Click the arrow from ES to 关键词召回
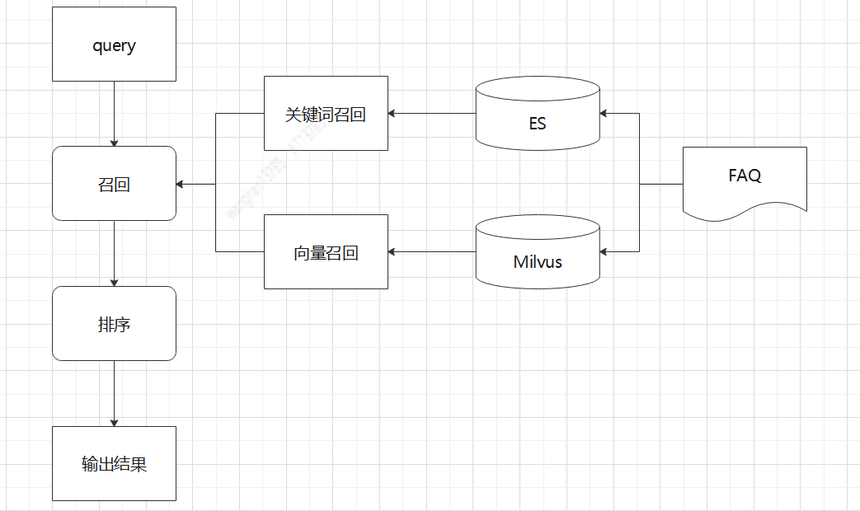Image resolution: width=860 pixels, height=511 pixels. pos(432,113)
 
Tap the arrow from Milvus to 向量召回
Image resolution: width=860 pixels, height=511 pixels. pos(432,251)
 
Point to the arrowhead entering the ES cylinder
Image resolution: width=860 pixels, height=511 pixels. pos(605,113)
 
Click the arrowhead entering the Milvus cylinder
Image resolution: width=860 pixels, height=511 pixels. pos(605,251)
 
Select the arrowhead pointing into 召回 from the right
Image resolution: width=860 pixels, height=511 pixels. pos(181,184)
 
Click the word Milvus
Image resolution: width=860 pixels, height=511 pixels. pos(538,262)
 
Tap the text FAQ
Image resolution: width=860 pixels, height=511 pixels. pos(745,176)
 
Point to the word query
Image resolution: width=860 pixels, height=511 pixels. pos(114,45)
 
